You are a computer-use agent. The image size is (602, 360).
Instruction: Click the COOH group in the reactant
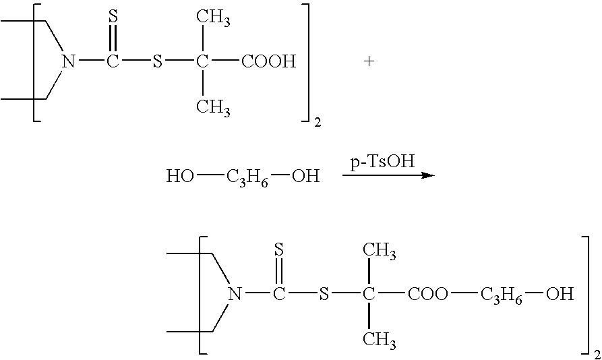pyautogui.click(x=269, y=61)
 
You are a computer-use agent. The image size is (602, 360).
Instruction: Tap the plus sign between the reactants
pyautogui.click(x=369, y=61)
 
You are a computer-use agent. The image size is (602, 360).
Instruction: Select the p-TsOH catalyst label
pyautogui.click(x=382, y=162)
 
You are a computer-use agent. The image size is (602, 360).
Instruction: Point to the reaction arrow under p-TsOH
pyautogui.click(x=388, y=175)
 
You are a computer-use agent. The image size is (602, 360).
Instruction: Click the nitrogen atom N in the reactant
pyautogui.click(x=68, y=61)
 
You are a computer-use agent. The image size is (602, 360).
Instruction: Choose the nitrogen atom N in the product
pyautogui.click(x=235, y=294)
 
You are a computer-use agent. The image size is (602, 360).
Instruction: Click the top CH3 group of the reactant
pyautogui.click(x=213, y=18)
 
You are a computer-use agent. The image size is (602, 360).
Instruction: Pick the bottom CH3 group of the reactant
pyautogui.click(x=213, y=107)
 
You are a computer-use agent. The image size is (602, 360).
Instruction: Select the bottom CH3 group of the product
pyautogui.click(x=380, y=340)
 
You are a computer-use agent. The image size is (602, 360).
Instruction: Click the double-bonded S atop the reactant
pyautogui.click(x=113, y=16)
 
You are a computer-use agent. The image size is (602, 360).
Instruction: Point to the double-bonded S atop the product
pyautogui.click(x=279, y=249)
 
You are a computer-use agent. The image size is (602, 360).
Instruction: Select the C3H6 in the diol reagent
pyautogui.click(x=247, y=178)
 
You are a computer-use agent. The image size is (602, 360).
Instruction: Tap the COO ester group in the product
pyautogui.click(x=427, y=294)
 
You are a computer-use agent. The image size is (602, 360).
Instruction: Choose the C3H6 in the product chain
pyautogui.click(x=502, y=295)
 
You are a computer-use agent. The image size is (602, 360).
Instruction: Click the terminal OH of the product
pyautogui.click(x=560, y=294)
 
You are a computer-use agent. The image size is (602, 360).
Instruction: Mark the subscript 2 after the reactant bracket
pyautogui.click(x=318, y=123)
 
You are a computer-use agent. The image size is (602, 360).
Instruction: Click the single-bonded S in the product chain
pyautogui.click(x=324, y=294)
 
